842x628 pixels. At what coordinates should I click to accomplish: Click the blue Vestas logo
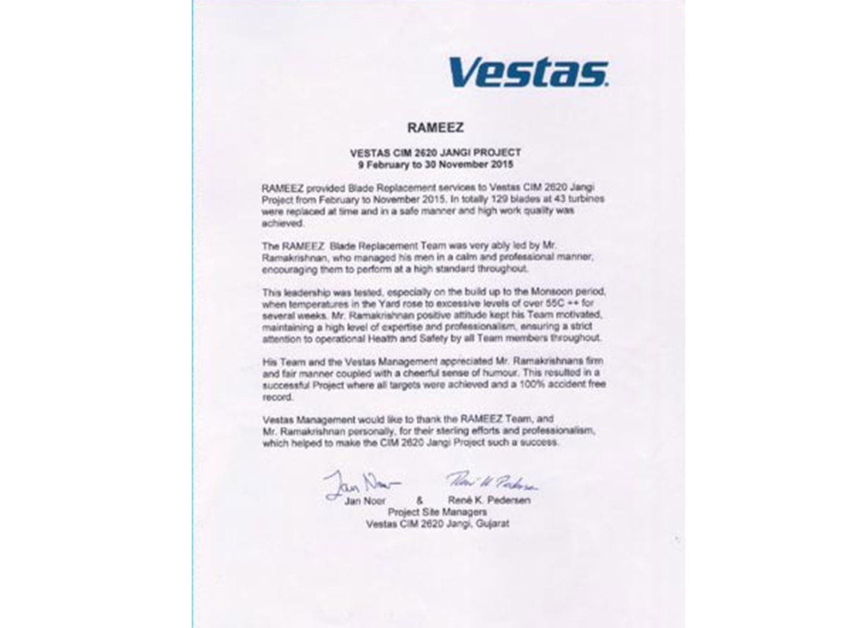(528, 71)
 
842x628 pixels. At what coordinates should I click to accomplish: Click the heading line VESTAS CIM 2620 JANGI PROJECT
(435, 153)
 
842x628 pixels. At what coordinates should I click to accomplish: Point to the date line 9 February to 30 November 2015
(435, 164)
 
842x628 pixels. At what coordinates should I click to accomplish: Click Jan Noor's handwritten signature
(361, 484)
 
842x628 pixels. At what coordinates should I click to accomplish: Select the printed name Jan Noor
(366, 500)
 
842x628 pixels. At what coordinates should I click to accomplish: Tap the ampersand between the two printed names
(419, 500)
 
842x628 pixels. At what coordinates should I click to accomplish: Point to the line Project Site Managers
(437, 512)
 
